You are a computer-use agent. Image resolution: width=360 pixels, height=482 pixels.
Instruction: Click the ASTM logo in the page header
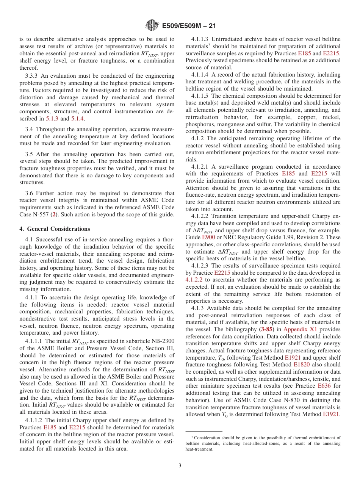[152, 26]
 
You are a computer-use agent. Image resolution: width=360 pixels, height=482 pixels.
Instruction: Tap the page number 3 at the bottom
[180, 466]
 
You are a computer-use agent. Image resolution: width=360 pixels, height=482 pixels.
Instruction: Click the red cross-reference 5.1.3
[52, 119]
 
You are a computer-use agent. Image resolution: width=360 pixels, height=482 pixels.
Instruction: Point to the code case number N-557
[42, 214]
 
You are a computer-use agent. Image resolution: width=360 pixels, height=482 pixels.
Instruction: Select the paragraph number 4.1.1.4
[202, 75]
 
